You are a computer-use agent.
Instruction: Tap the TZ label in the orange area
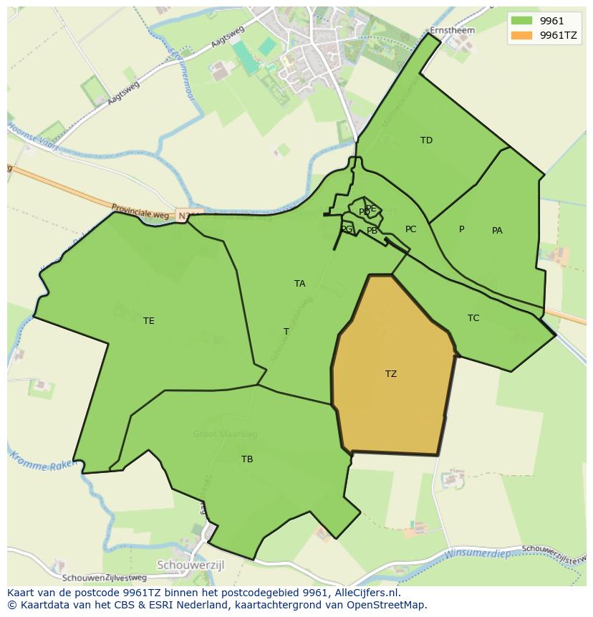click(x=391, y=373)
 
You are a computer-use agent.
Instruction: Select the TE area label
click(x=148, y=320)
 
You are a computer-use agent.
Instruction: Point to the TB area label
click(x=247, y=459)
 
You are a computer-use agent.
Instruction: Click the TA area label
click(x=299, y=283)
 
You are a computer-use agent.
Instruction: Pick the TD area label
click(x=426, y=140)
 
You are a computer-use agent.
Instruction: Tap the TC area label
click(x=473, y=317)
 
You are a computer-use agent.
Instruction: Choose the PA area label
click(x=497, y=230)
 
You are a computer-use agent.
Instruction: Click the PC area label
click(x=410, y=229)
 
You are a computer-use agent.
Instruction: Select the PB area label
click(x=372, y=231)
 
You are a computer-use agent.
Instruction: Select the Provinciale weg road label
click(x=140, y=210)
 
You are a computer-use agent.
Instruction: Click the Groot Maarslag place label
click(x=225, y=434)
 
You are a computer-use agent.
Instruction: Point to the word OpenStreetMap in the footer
click(x=390, y=605)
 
